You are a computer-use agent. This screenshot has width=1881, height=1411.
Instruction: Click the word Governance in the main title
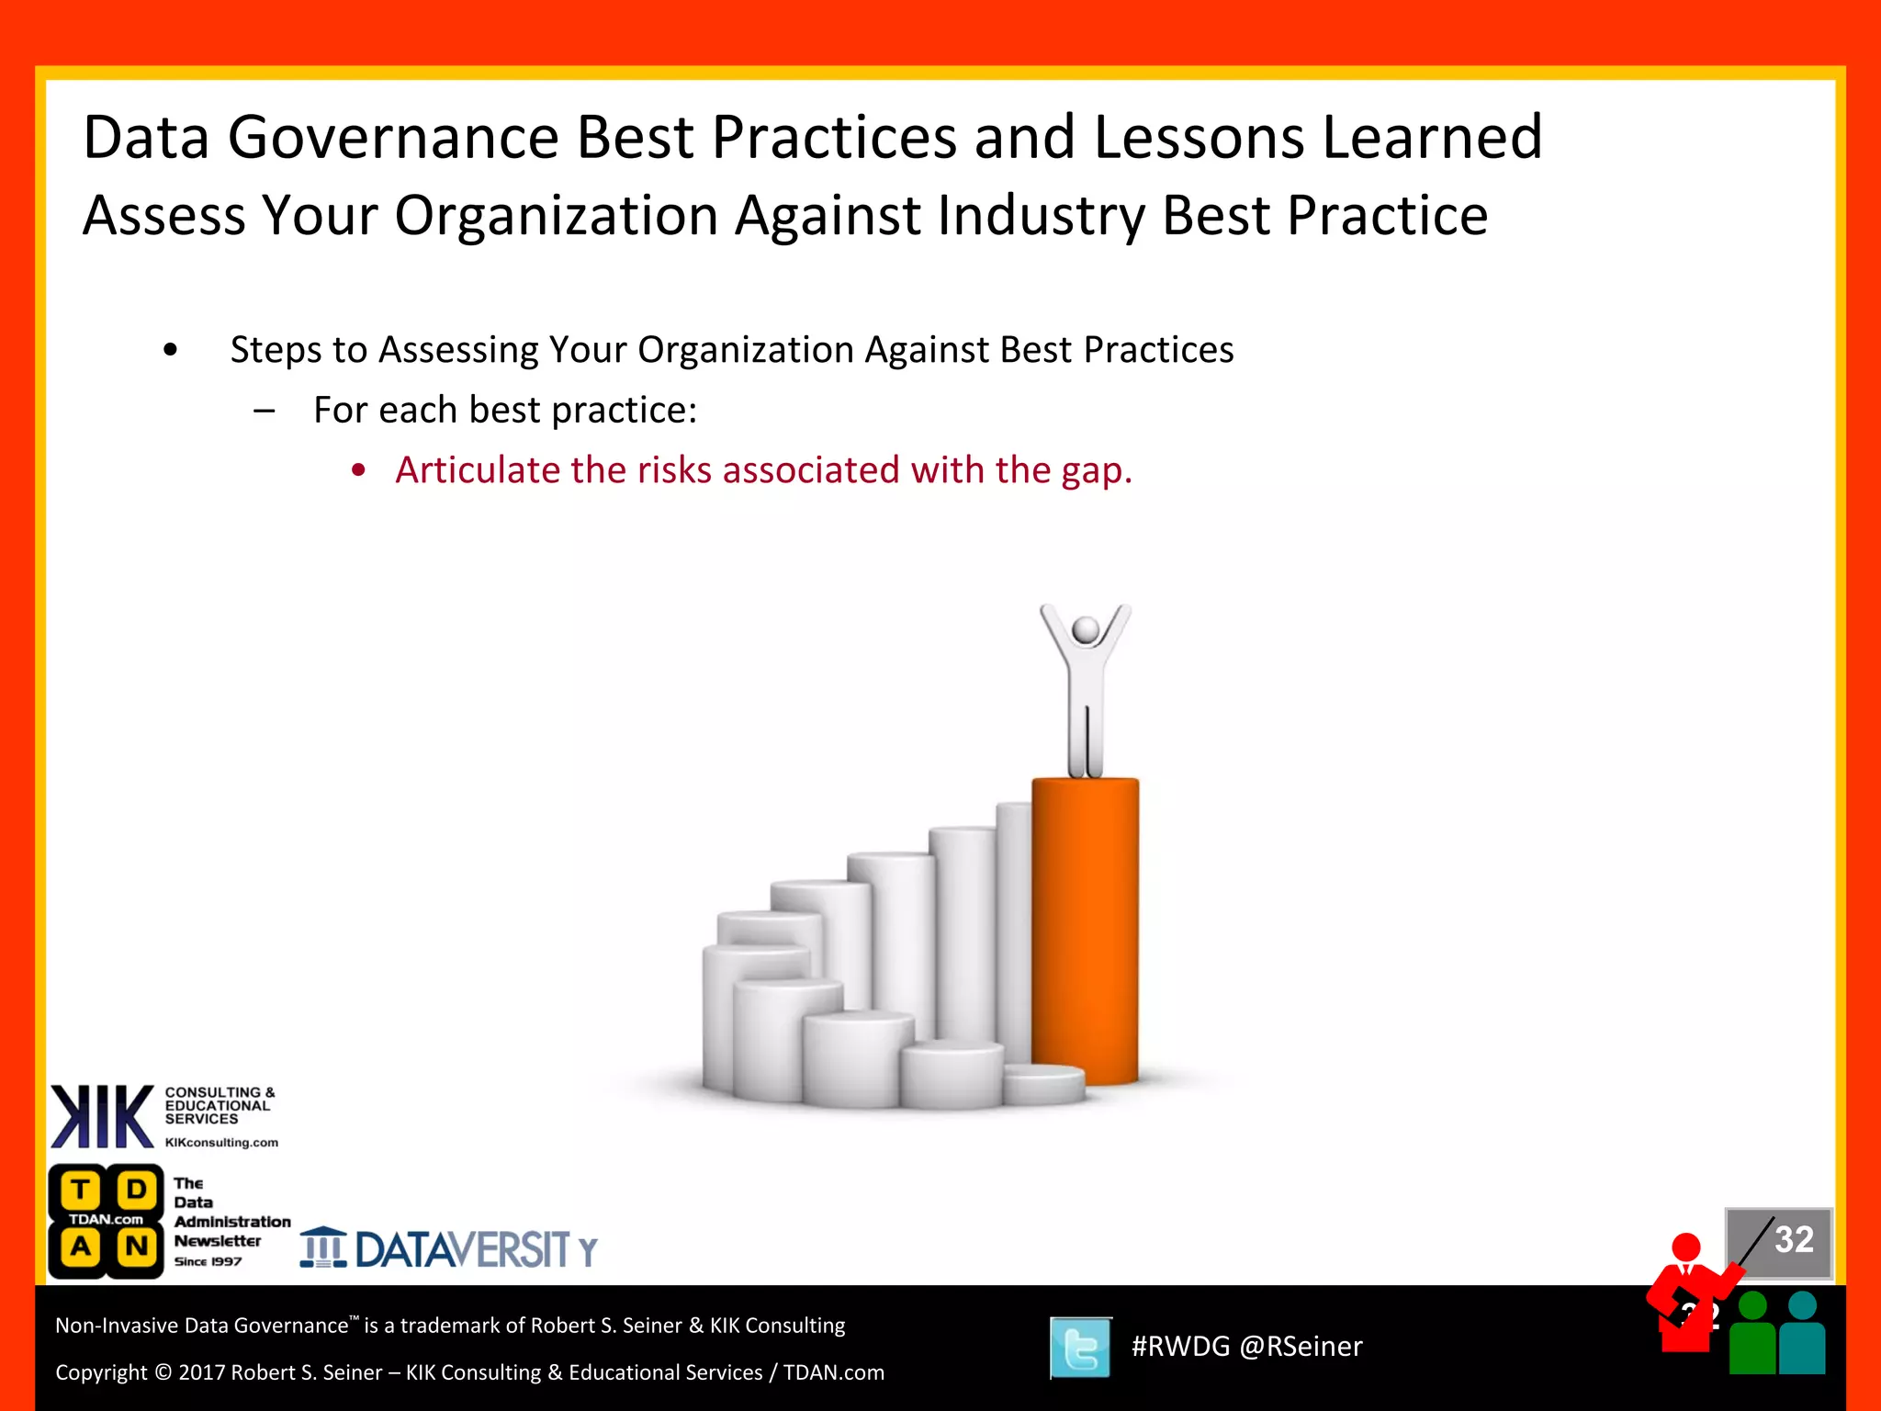pos(393,138)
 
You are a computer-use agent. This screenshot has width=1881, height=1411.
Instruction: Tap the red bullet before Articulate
pos(358,471)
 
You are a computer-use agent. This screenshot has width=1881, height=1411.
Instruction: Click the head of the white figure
pos(1086,630)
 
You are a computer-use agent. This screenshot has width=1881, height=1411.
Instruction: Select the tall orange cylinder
pos(1085,928)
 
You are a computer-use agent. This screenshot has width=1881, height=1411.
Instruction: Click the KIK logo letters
pos(101,1116)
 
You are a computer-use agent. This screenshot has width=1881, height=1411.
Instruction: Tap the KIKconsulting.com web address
pos(221,1143)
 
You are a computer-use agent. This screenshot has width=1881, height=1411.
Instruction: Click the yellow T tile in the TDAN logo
pos(81,1190)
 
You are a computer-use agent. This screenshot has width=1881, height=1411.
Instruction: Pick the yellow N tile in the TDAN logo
pos(136,1247)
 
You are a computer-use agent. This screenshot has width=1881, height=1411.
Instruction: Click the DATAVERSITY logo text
pos(464,1249)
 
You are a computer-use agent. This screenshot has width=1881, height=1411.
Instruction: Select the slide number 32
pos(1793,1240)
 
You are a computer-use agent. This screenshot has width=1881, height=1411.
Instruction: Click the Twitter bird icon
pos(1080,1348)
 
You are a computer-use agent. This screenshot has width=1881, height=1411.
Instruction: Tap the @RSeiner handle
pos(1301,1347)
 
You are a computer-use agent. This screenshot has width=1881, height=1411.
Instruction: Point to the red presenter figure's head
pos(1686,1247)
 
